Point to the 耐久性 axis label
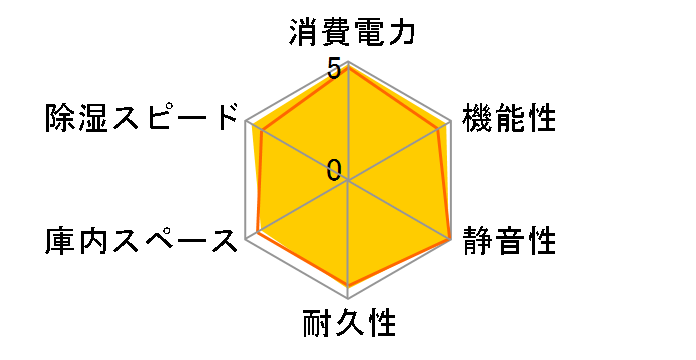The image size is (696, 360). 348,325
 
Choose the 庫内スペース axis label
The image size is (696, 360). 144,241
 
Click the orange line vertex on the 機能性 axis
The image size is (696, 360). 440,128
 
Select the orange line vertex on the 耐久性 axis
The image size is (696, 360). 348,286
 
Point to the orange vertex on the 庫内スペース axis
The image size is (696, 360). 258,232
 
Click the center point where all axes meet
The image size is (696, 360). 348,181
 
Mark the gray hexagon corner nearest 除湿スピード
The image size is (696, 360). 246,122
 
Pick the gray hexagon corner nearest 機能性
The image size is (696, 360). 450,122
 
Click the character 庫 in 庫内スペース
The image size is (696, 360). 59,241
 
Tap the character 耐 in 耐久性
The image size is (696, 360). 317,325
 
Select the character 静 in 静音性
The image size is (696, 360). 477,241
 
